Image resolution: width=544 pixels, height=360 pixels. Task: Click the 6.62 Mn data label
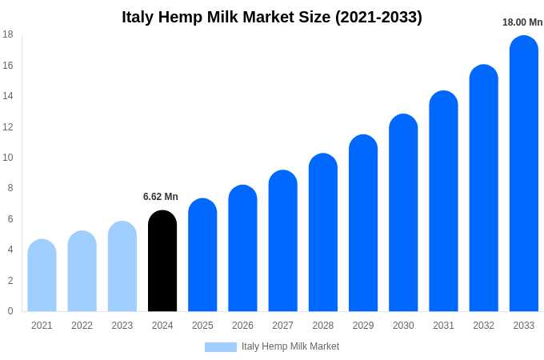[161, 197]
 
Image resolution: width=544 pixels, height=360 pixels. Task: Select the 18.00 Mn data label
[522, 22]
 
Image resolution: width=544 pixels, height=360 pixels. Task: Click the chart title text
[272, 17]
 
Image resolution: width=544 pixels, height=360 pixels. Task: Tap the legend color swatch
[221, 347]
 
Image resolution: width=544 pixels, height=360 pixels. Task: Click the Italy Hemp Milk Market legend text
[290, 346]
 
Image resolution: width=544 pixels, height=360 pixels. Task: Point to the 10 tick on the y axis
[8, 158]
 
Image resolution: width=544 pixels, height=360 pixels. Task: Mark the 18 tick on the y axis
[8, 34]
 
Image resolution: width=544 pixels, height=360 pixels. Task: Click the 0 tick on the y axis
[10, 311]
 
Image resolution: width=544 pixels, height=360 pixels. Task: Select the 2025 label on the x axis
[202, 326]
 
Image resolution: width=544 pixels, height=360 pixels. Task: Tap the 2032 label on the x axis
[483, 326]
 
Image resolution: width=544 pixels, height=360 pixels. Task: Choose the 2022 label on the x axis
[82, 326]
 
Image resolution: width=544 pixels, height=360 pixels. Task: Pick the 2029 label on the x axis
[363, 326]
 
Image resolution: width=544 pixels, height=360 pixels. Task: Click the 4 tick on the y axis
[10, 250]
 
